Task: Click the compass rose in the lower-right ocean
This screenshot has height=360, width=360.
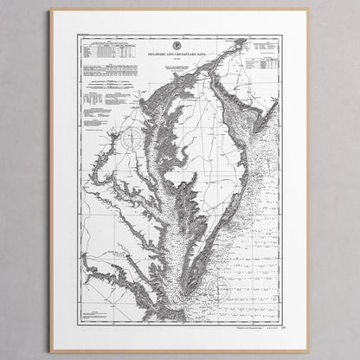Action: [x=223, y=288]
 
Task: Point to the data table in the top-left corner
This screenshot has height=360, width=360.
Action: [x=108, y=51]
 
